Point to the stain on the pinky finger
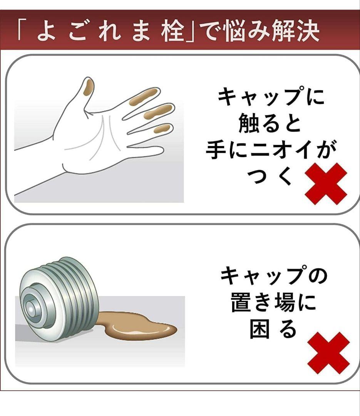click(162, 128)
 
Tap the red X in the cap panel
click(328, 353)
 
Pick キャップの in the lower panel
click(273, 277)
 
